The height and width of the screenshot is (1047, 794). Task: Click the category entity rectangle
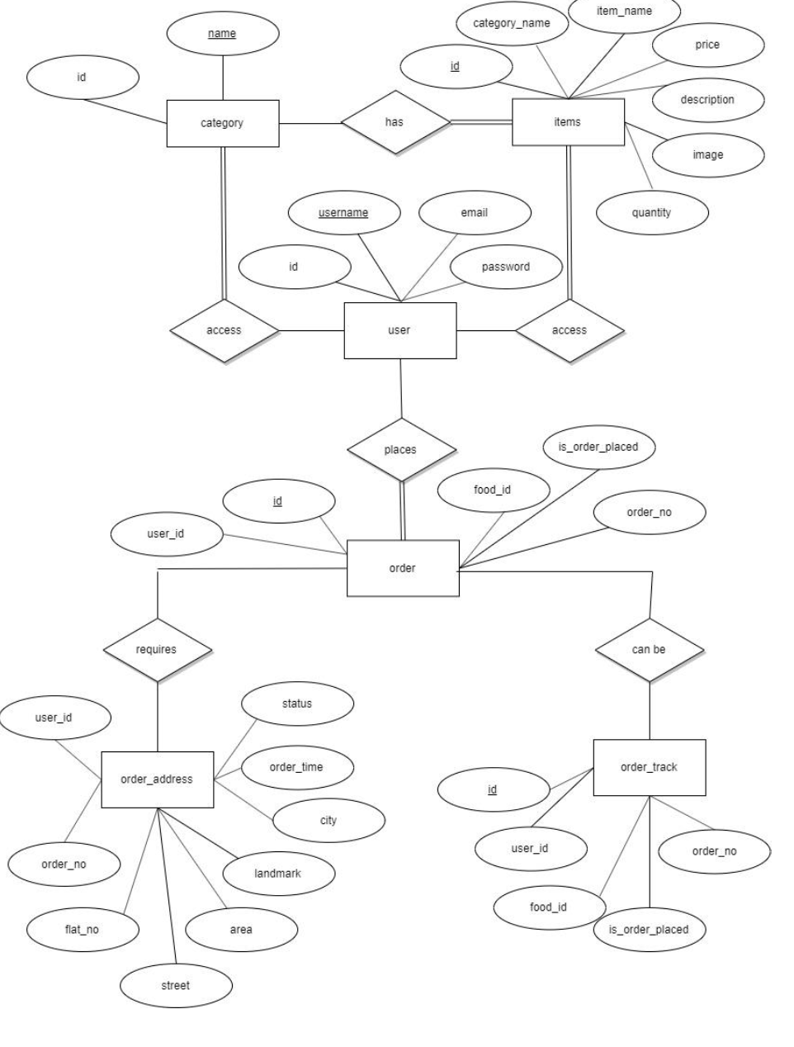point(222,123)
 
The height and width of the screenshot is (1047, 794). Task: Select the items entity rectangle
point(568,122)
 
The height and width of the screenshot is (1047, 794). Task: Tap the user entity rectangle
point(399,330)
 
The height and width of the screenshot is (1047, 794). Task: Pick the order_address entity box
point(157,779)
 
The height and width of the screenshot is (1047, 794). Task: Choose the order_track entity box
point(649,767)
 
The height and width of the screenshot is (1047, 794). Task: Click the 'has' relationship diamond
point(395,122)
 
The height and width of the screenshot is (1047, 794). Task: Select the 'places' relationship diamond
point(401,450)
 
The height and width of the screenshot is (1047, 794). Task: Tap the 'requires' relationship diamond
point(157,650)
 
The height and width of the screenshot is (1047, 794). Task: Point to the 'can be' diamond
point(649,650)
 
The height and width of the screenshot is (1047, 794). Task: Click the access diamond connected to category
point(224,330)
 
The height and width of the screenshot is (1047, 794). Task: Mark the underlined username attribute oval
point(343,213)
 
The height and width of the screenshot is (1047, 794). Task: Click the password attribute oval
point(506,267)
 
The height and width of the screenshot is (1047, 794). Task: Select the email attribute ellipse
point(475,213)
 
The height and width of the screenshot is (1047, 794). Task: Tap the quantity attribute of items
point(652,213)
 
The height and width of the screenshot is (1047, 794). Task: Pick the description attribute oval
point(707,100)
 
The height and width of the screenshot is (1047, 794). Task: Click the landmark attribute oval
point(277,874)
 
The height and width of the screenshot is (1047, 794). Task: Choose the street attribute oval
point(176,985)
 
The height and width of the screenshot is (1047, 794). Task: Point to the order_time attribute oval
point(296,767)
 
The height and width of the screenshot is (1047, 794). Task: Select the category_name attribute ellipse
point(512,23)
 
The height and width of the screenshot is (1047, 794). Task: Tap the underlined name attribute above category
point(222,34)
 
